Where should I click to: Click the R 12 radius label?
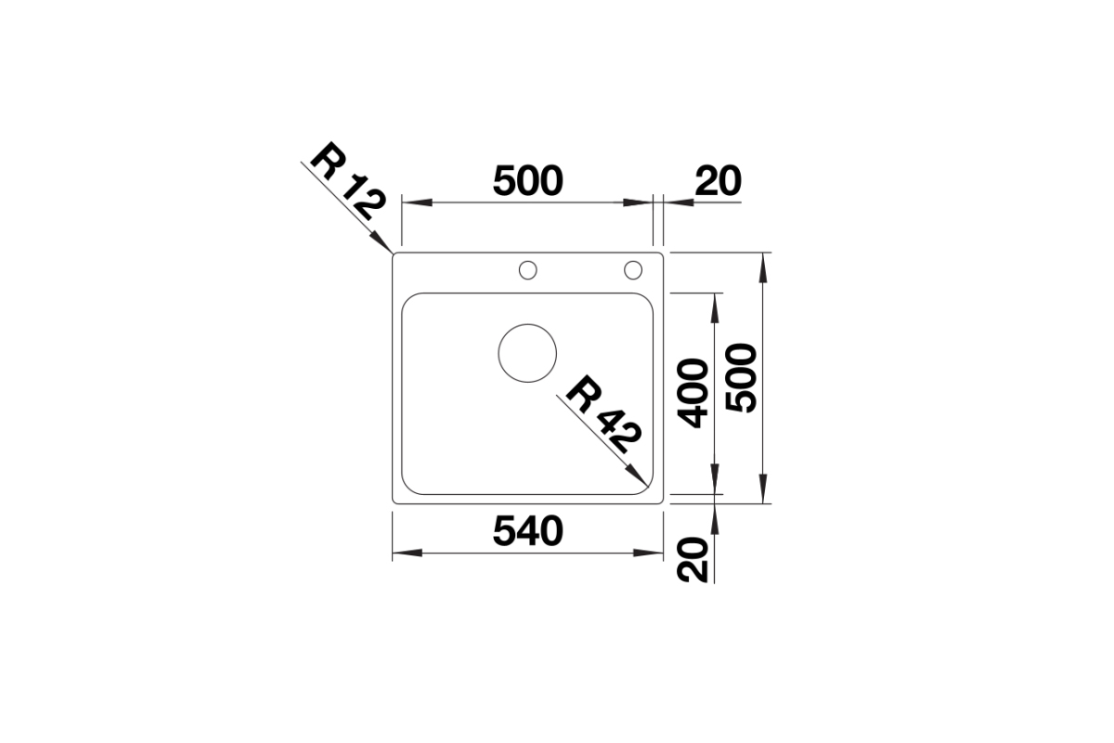347,181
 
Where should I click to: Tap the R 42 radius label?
602,414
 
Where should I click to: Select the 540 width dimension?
527,531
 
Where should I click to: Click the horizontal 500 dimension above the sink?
527,180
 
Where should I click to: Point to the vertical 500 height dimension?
741,378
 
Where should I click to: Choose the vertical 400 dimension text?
693,393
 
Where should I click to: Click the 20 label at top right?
719,181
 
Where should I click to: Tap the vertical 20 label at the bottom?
693,559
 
